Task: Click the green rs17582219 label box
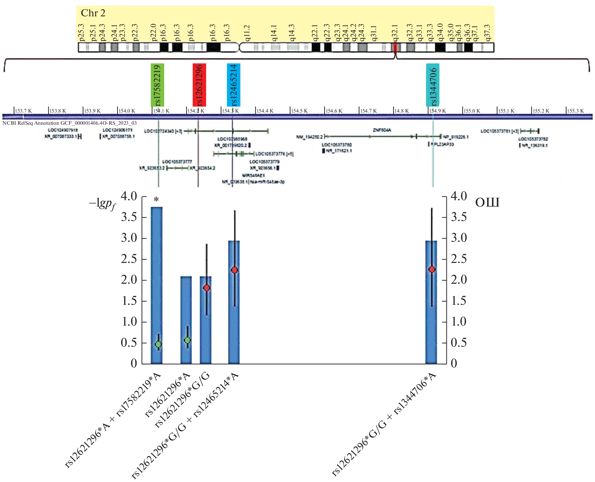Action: (157, 85)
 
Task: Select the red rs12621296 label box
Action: (199, 85)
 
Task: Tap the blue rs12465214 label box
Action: (234, 85)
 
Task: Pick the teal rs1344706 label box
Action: (433, 85)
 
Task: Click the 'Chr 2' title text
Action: (93, 13)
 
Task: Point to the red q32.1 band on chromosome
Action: (395, 47)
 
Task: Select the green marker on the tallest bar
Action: (158, 344)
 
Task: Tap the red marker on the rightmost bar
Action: (432, 270)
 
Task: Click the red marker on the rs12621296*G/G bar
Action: (207, 288)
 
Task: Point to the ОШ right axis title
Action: (487, 203)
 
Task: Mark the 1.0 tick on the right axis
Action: (458, 322)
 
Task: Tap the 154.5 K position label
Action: (300, 111)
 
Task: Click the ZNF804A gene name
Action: (382, 130)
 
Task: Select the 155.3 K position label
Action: (575, 111)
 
